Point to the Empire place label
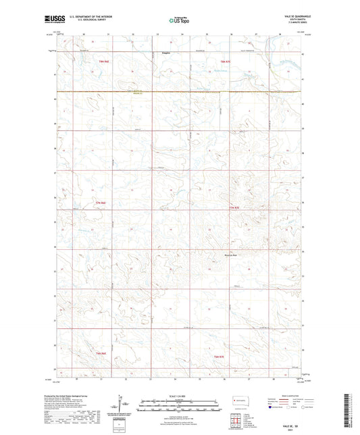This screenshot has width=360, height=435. [x=166, y=50]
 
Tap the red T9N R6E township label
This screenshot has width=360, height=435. [x=103, y=61]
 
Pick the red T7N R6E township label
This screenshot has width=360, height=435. [x=101, y=203]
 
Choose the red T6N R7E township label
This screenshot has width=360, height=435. [x=218, y=356]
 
